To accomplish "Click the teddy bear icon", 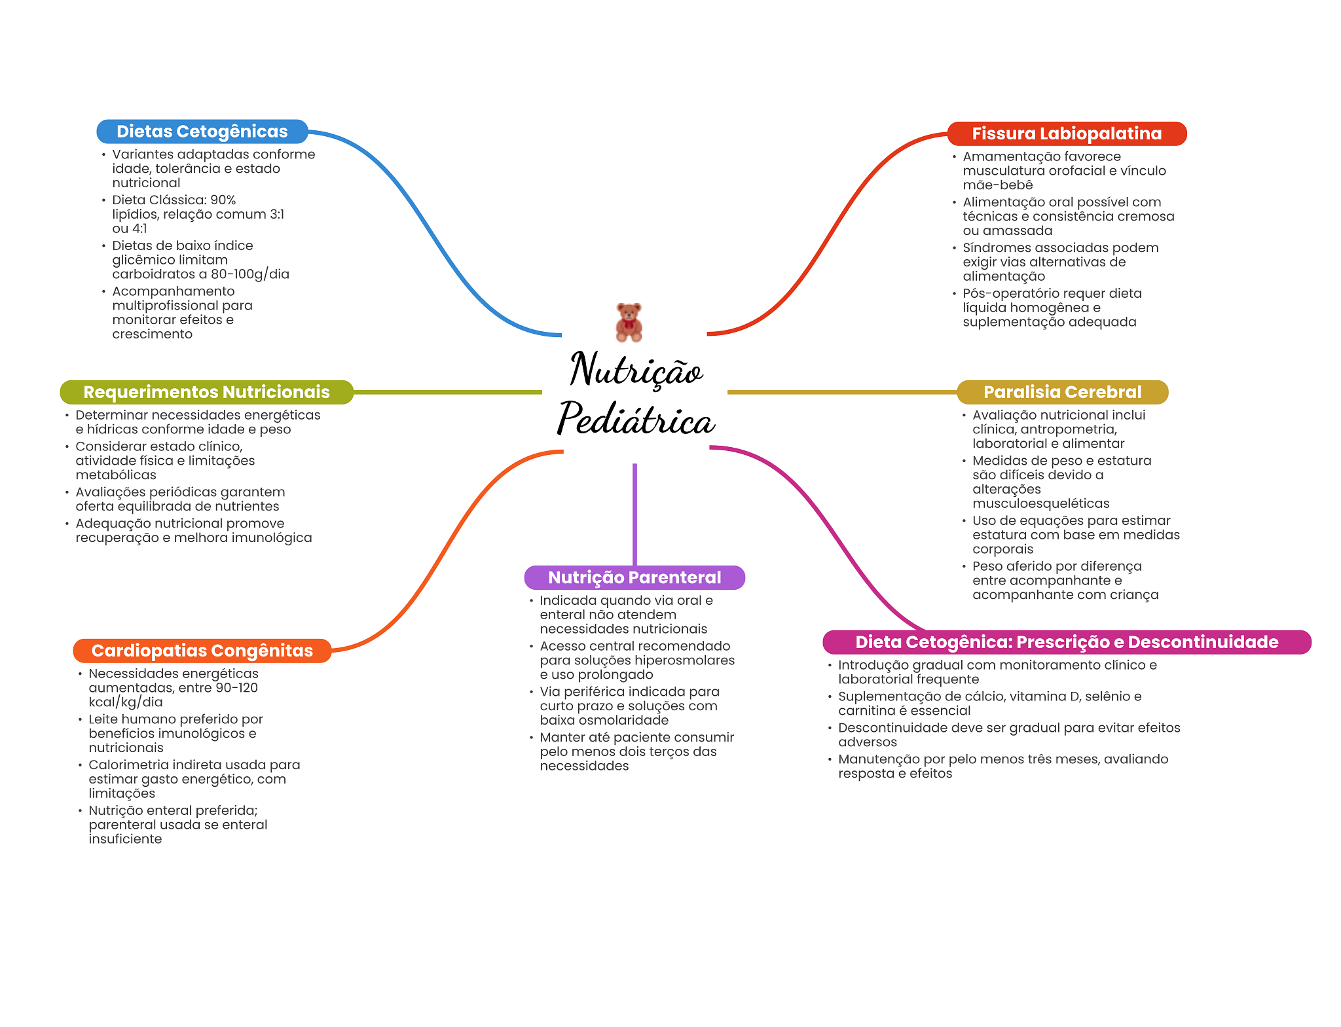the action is point(629,322).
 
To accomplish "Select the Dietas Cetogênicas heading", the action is point(202,132).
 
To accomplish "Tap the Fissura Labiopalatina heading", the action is point(1067,134).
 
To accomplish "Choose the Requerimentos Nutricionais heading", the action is point(206,392).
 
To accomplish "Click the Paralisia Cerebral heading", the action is point(1062,392).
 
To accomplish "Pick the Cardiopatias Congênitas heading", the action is point(202,651).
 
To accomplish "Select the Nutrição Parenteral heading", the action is point(634,577).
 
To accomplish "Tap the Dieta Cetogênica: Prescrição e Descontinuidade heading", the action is point(1067,642).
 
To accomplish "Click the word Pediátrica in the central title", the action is point(636,419).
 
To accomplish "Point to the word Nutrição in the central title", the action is point(636,370).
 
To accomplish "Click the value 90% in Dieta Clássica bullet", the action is point(223,200).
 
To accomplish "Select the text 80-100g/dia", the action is point(250,274).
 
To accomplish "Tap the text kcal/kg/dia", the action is point(126,702).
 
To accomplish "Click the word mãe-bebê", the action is point(998,185).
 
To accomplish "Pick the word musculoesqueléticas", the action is point(1041,503).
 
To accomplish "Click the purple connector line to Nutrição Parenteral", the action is point(634,514).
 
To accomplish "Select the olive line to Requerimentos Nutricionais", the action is point(448,392).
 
